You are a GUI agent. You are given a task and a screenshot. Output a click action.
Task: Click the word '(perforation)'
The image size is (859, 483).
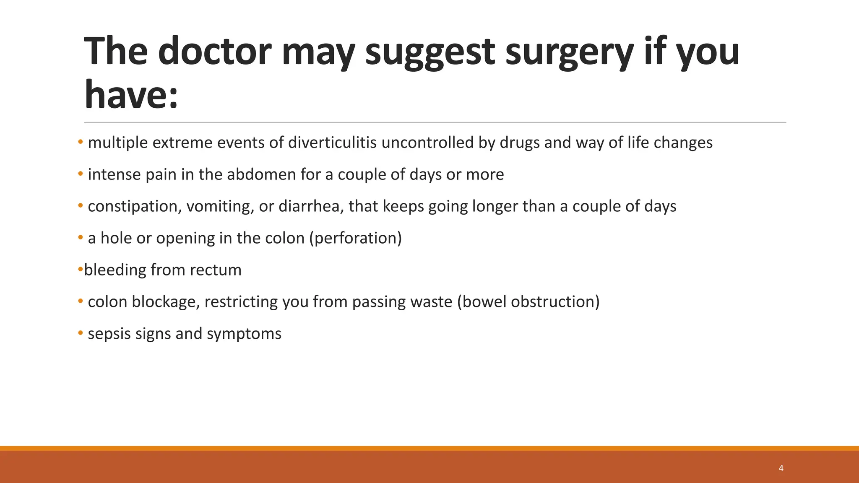(x=355, y=238)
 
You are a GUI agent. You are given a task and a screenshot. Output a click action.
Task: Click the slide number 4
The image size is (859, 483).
(x=781, y=468)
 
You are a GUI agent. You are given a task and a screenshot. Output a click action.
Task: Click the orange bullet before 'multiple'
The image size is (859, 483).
(x=80, y=143)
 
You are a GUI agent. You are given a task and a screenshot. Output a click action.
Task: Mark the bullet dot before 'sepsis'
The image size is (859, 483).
(x=80, y=334)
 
